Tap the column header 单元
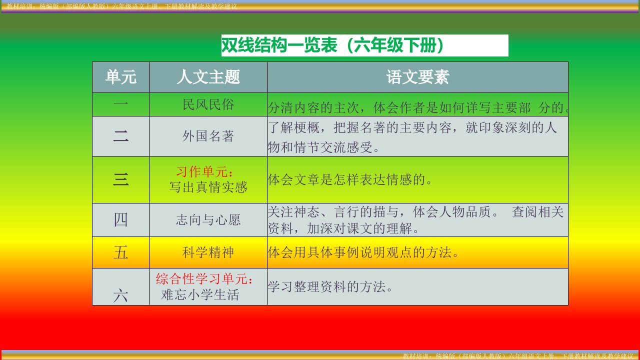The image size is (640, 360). pyautogui.click(x=120, y=77)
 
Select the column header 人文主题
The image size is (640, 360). pyautogui.click(x=208, y=77)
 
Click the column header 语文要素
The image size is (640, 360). pyautogui.click(x=417, y=77)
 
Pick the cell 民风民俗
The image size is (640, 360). pyautogui.click(x=208, y=104)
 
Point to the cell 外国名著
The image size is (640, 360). pyautogui.click(x=208, y=136)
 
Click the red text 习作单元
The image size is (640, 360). pyautogui.click(x=202, y=171)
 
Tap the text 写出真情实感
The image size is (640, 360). pyautogui.click(x=208, y=187)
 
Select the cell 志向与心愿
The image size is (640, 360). pyautogui.click(x=208, y=220)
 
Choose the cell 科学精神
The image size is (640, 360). pyautogui.click(x=208, y=252)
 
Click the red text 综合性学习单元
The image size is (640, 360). pyautogui.click(x=201, y=279)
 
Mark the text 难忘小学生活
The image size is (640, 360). pyautogui.click(x=200, y=295)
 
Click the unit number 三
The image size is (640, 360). pyautogui.click(x=120, y=179)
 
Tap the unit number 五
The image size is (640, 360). pyautogui.click(x=120, y=253)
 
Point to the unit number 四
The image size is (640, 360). pyautogui.click(x=120, y=220)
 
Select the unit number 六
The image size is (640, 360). pyautogui.click(x=120, y=295)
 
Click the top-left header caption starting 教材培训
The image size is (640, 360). pyautogui.click(x=122, y=6)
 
